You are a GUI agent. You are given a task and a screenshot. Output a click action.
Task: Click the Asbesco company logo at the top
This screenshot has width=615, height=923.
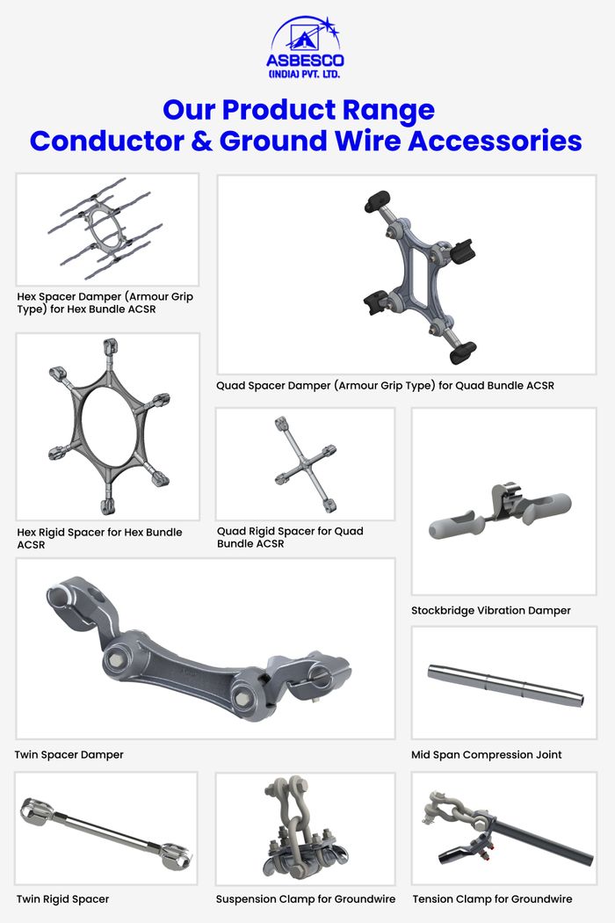point(305,47)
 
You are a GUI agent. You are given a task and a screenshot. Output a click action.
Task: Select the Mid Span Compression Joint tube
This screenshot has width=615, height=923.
point(505,685)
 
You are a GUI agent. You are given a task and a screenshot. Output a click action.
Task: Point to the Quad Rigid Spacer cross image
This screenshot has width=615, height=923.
point(306,464)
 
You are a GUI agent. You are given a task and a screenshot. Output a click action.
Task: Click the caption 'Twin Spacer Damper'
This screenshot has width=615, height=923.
point(69,754)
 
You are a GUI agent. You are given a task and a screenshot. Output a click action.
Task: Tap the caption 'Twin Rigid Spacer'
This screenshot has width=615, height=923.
point(63,899)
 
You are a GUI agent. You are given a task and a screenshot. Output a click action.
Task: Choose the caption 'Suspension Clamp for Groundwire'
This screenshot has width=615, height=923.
point(306,899)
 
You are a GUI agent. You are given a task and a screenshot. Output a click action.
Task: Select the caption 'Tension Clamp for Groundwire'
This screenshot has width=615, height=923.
point(492,899)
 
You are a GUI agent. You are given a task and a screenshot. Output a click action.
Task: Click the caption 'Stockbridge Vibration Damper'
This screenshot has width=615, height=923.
point(491,610)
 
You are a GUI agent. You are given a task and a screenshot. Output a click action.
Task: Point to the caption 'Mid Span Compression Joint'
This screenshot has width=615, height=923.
point(486,754)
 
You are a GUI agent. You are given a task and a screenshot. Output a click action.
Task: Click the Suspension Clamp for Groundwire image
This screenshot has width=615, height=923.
point(305,829)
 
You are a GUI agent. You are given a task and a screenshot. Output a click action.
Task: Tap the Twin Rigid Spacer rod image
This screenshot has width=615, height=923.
point(106,832)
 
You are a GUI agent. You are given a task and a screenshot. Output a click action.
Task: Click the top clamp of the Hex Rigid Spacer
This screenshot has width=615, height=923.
point(110,347)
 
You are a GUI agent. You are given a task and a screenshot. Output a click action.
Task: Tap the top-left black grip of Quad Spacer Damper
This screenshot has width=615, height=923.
point(377,201)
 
